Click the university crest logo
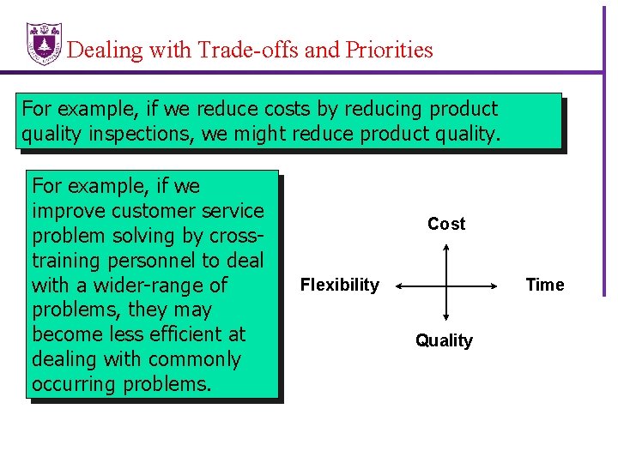(x=44, y=43)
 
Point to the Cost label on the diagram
(x=446, y=224)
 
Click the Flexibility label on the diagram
(x=339, y=285)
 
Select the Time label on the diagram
(x=545, y=285)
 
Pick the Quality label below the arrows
(x=444, y=340)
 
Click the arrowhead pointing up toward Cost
(x=446, y=248)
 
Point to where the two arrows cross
(x=446, y=285)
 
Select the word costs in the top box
(x=290, y=110)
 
